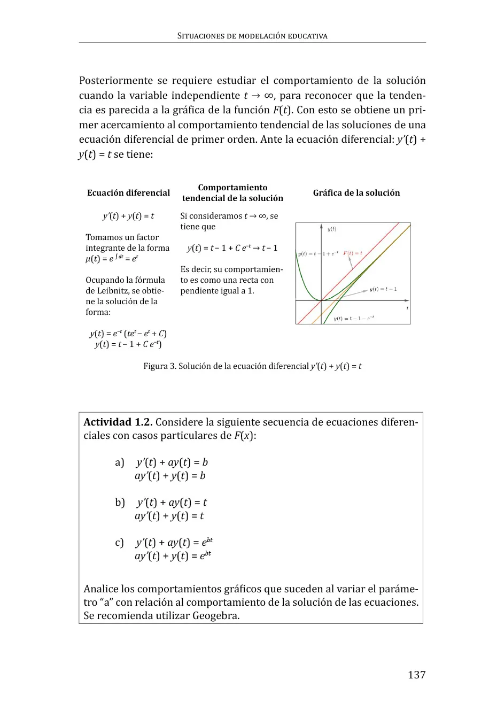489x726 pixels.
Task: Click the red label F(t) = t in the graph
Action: [353, 253]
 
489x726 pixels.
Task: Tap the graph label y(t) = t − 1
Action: [383, 289]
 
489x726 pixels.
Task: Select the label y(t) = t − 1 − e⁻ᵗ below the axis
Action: [354, 318]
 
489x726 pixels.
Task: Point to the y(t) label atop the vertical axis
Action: [332, 229]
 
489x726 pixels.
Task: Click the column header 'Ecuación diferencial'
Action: [128, 193]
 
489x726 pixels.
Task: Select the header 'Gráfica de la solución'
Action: [356, 193]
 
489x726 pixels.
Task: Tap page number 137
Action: [416, 675]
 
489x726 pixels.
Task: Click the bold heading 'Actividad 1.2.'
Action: [118, 422]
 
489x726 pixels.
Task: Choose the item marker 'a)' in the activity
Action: [120, 462]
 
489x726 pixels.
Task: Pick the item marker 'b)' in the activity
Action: [120, 503]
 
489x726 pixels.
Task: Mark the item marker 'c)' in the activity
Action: [119, 543]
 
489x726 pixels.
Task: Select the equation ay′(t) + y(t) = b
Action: [170, 476]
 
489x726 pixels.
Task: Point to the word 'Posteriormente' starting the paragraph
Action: [115, 81]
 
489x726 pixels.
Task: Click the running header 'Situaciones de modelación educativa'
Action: [252, 36]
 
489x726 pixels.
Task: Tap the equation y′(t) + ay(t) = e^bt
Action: [174, 542]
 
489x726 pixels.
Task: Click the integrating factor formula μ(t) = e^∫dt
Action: [112, 259]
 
